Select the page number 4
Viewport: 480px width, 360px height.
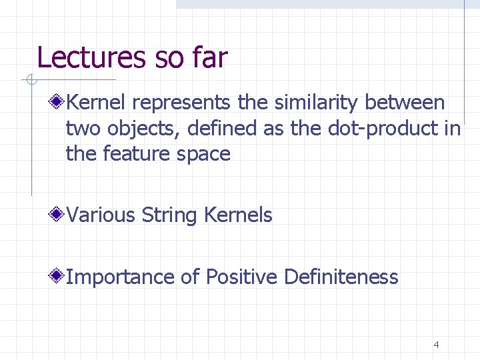436,345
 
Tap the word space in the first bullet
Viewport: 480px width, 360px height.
203,154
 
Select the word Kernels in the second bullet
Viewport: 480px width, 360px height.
239,215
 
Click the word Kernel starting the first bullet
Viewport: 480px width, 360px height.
97,103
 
